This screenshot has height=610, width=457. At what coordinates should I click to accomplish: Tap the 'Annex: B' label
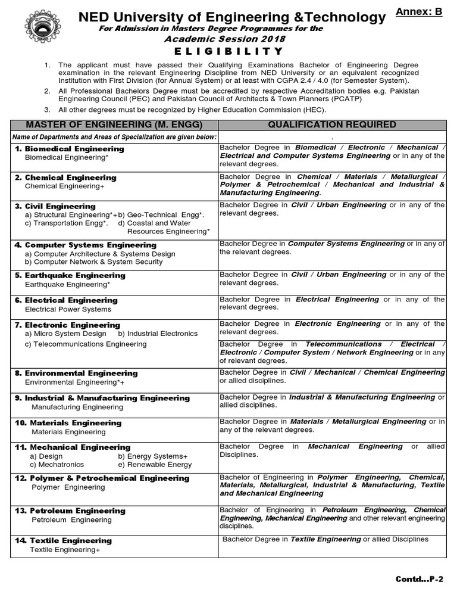[423, 11]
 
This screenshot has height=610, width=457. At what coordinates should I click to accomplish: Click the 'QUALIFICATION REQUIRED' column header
[332, 125]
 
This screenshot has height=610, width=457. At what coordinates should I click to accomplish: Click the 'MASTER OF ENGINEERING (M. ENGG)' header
[114, 125]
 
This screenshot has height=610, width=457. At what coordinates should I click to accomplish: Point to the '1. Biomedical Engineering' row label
[70, 148]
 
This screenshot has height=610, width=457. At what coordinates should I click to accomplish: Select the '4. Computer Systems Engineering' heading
[86, 245]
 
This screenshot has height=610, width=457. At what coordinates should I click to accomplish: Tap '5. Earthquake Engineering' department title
[70, 275]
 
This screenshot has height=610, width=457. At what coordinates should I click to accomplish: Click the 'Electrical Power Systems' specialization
[68, 309]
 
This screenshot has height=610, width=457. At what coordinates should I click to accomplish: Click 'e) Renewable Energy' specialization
[155, 465]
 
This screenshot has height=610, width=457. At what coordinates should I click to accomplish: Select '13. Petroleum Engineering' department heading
[70, 511]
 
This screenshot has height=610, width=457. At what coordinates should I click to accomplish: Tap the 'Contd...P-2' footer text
[420, 578]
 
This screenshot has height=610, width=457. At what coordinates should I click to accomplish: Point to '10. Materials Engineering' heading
[68, 422]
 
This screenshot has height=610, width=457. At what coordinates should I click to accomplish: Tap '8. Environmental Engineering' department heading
[76, 373]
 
